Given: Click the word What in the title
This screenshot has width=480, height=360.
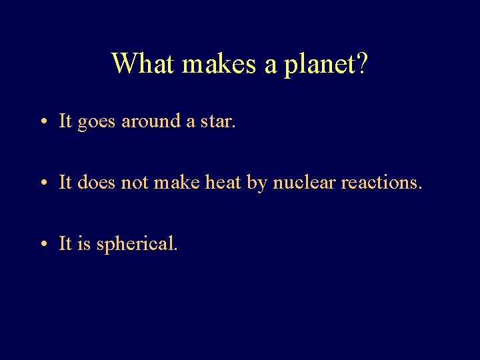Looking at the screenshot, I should coord(143,63).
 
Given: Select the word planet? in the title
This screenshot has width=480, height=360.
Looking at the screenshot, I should coord(327,65).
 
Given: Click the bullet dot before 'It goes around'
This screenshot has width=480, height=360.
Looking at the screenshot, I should coord(42,122).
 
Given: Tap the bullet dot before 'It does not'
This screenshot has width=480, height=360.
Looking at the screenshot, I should coord(42,183).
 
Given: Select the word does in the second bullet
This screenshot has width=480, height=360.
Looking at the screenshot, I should coord(97,182).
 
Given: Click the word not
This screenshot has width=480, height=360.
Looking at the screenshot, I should coord(136,182).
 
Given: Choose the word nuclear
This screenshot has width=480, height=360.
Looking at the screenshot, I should coord(304,182).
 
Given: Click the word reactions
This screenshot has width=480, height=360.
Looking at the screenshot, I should coord(381,182).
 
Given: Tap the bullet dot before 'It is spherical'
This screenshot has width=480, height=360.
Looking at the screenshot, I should coord(42,245).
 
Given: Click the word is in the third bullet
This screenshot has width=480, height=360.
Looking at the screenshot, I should coord(84,243).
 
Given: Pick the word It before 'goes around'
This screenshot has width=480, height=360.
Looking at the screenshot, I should coord(65,121).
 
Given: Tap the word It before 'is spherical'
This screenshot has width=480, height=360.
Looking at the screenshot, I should coord(65,243).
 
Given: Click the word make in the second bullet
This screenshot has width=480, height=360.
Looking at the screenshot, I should coord(175,182).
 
